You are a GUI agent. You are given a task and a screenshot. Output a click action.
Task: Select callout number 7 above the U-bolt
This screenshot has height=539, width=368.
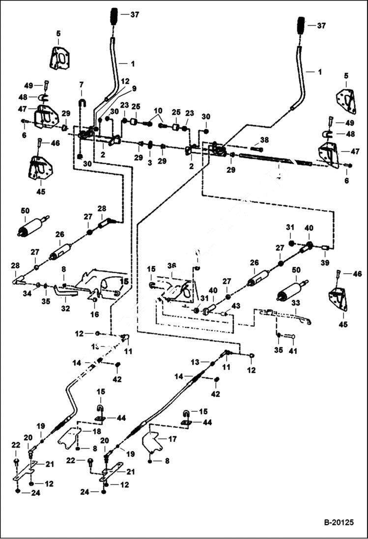tap(82, 85)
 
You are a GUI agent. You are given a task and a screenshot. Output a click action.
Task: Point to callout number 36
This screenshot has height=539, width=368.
tap(171, 266)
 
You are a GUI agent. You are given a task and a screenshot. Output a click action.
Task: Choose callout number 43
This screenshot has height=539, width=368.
tap(236, 306)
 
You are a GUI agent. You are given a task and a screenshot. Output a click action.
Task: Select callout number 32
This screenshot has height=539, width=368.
tap(65, 309)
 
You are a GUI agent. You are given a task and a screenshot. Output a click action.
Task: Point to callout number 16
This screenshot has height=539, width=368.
tap(94, 314)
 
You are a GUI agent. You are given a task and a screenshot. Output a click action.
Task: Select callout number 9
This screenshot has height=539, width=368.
tap(134, 89)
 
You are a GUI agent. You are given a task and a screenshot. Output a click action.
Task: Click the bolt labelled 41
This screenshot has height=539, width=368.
tap(288, 337)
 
